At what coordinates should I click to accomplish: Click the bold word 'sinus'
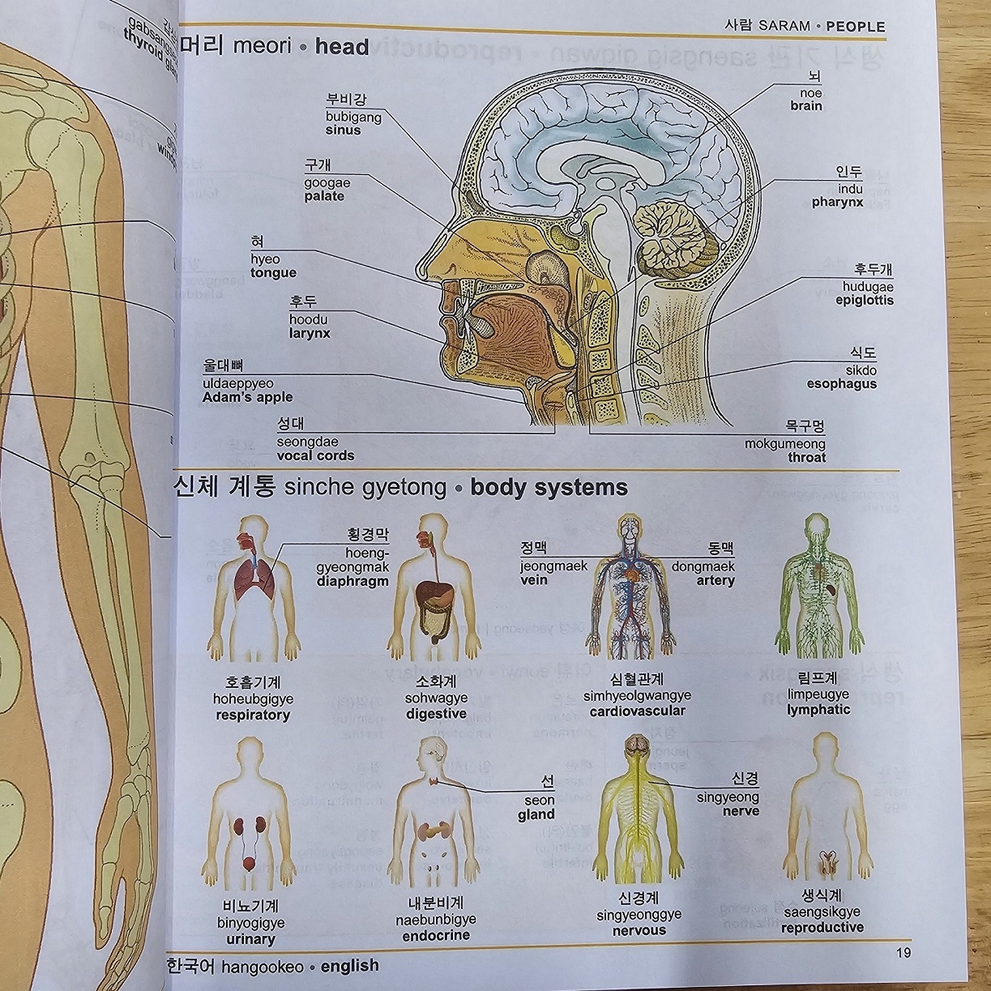pos(343,130)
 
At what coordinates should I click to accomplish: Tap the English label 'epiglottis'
pos(864,300)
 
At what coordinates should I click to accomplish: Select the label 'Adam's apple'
pos(248,397)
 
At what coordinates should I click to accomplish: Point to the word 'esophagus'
pos(841,383)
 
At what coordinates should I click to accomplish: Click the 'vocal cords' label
pos(315,455)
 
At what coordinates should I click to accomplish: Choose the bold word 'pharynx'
pos(837,202)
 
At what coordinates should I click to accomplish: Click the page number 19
pos(903,952)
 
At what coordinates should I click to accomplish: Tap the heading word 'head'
pos(342,46)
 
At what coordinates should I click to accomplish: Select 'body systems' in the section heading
pos(549,487)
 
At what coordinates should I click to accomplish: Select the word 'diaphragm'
pos(352,581)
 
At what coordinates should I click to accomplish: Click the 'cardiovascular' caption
pos(637,711)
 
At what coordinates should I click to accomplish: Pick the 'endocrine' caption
pos(436,935)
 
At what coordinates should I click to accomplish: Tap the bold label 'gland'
pos(536,814)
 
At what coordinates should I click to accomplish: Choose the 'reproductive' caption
pos(822,927)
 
